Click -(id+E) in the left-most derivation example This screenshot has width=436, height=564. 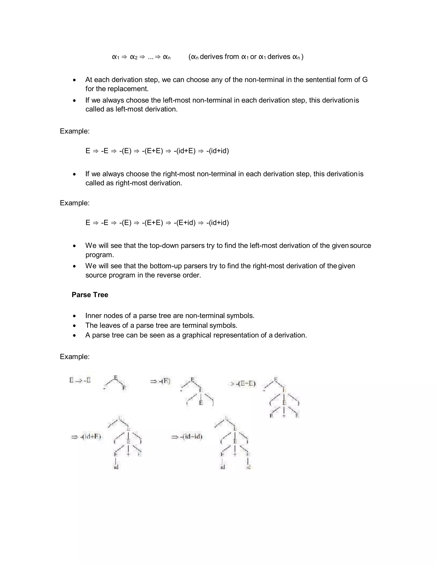click(184, 151)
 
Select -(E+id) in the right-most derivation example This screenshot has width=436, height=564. click(184, 223)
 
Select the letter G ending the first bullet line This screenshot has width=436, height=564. click(365, 80)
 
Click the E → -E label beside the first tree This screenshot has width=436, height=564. click(80, 380)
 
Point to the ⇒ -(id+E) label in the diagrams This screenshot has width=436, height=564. click(86, 437)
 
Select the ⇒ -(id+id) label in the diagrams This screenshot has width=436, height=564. click(187, 437)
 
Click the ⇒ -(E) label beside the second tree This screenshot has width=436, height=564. click(160, 381)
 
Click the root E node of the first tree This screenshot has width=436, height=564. click(115, 378)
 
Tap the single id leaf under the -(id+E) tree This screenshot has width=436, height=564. click(116, 467)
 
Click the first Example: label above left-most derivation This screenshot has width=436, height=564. click(75, 131)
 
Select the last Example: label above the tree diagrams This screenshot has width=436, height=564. click(75, 357)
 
